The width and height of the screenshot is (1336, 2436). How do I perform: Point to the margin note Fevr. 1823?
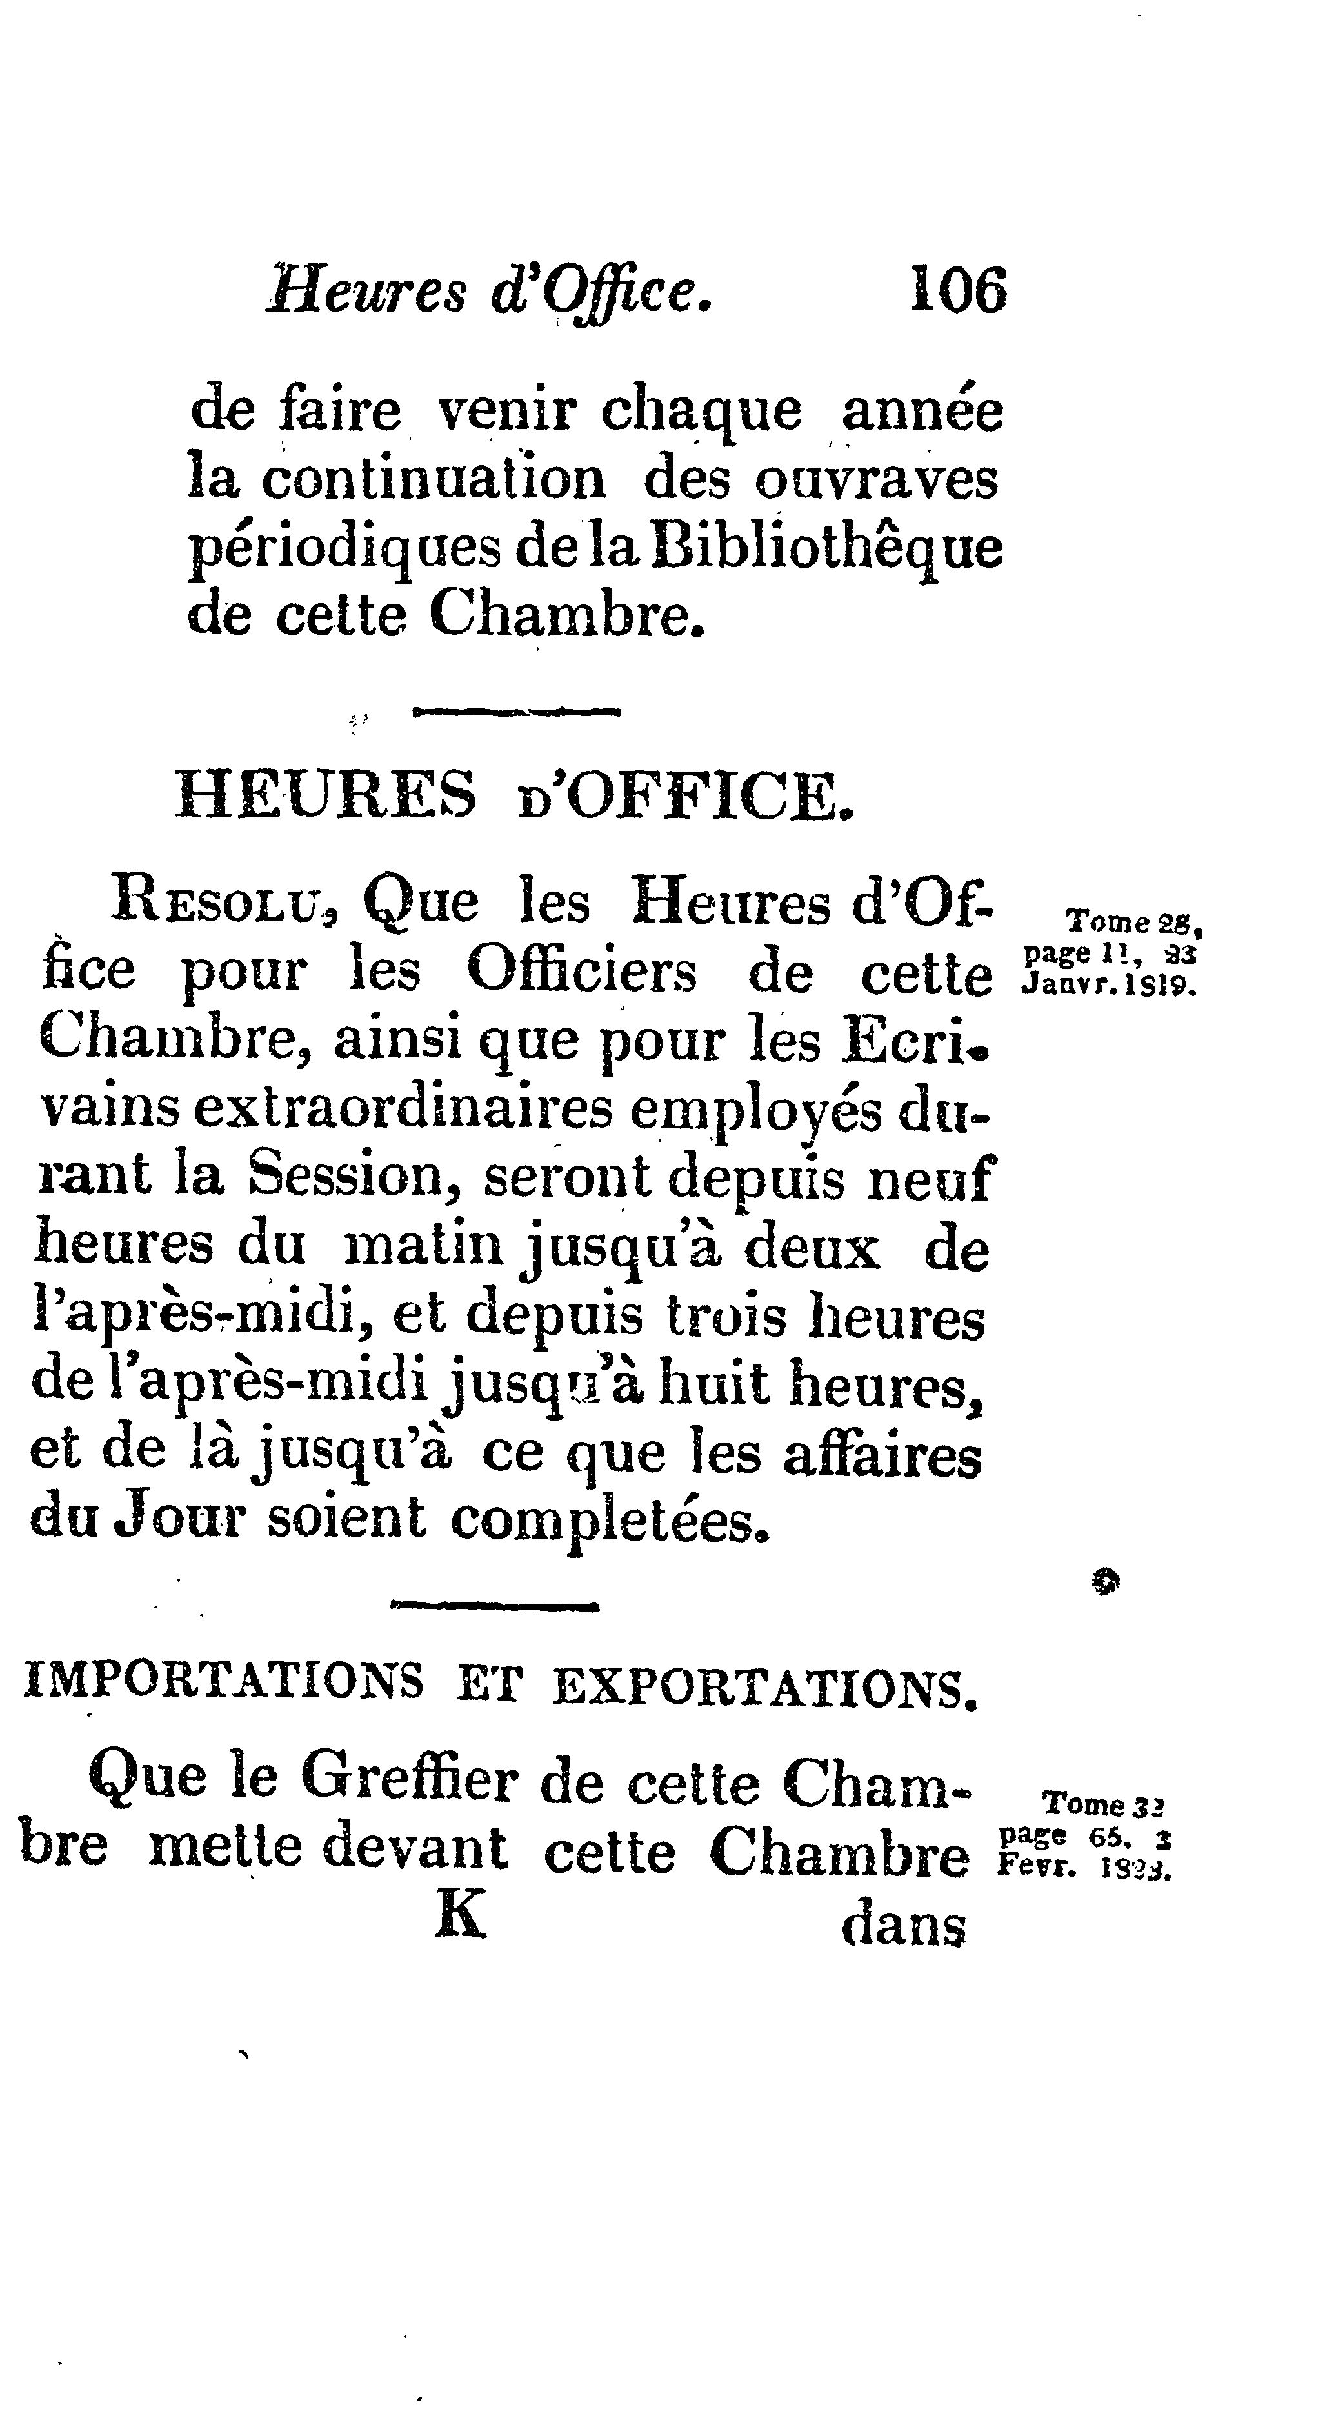pyautogui.click(x=1084, y=1868)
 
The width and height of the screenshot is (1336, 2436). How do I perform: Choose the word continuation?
pyautogui.click(x=433, y=481)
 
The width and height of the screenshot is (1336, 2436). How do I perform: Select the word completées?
pyautogui.click(x=608, y=1522)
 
